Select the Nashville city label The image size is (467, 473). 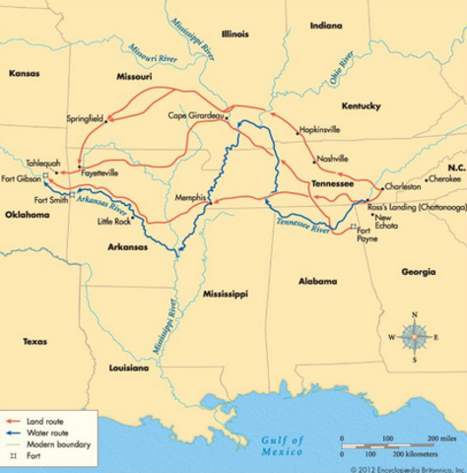pos(331,160)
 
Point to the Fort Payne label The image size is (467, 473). pos(366,239)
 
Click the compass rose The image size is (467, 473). pos(414,337)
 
